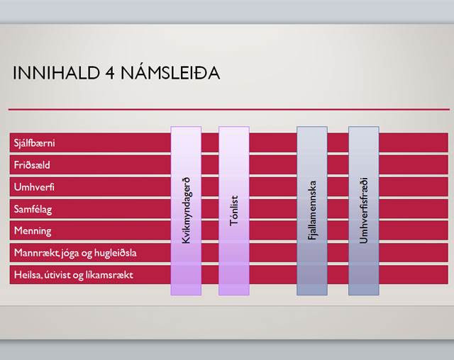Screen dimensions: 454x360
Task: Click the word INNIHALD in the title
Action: [x=57, y=73]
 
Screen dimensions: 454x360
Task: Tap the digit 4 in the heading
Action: [x=110, y=73]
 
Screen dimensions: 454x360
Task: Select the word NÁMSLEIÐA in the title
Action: [x=170, y=72]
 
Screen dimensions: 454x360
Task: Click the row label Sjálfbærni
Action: [x=34, y=143]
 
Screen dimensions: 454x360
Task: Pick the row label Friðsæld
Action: [x=32, y=165]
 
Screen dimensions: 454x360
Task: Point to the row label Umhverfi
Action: [x=34, y=187]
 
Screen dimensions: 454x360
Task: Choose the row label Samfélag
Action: [x=33, y=209]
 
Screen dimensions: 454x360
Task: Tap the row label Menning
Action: [x=33, y=231]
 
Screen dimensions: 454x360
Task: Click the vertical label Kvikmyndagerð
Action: [x=186, y=210]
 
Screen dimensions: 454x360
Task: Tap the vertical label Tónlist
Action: [x=233, y=210]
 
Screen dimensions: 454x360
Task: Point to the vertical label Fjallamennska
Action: [x=312, y=210]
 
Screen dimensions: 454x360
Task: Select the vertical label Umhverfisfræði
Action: [x=364, y=210]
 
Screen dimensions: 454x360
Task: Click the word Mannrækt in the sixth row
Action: [x=37, y=253]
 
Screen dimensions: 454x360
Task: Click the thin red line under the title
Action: [x=229, y=110]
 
